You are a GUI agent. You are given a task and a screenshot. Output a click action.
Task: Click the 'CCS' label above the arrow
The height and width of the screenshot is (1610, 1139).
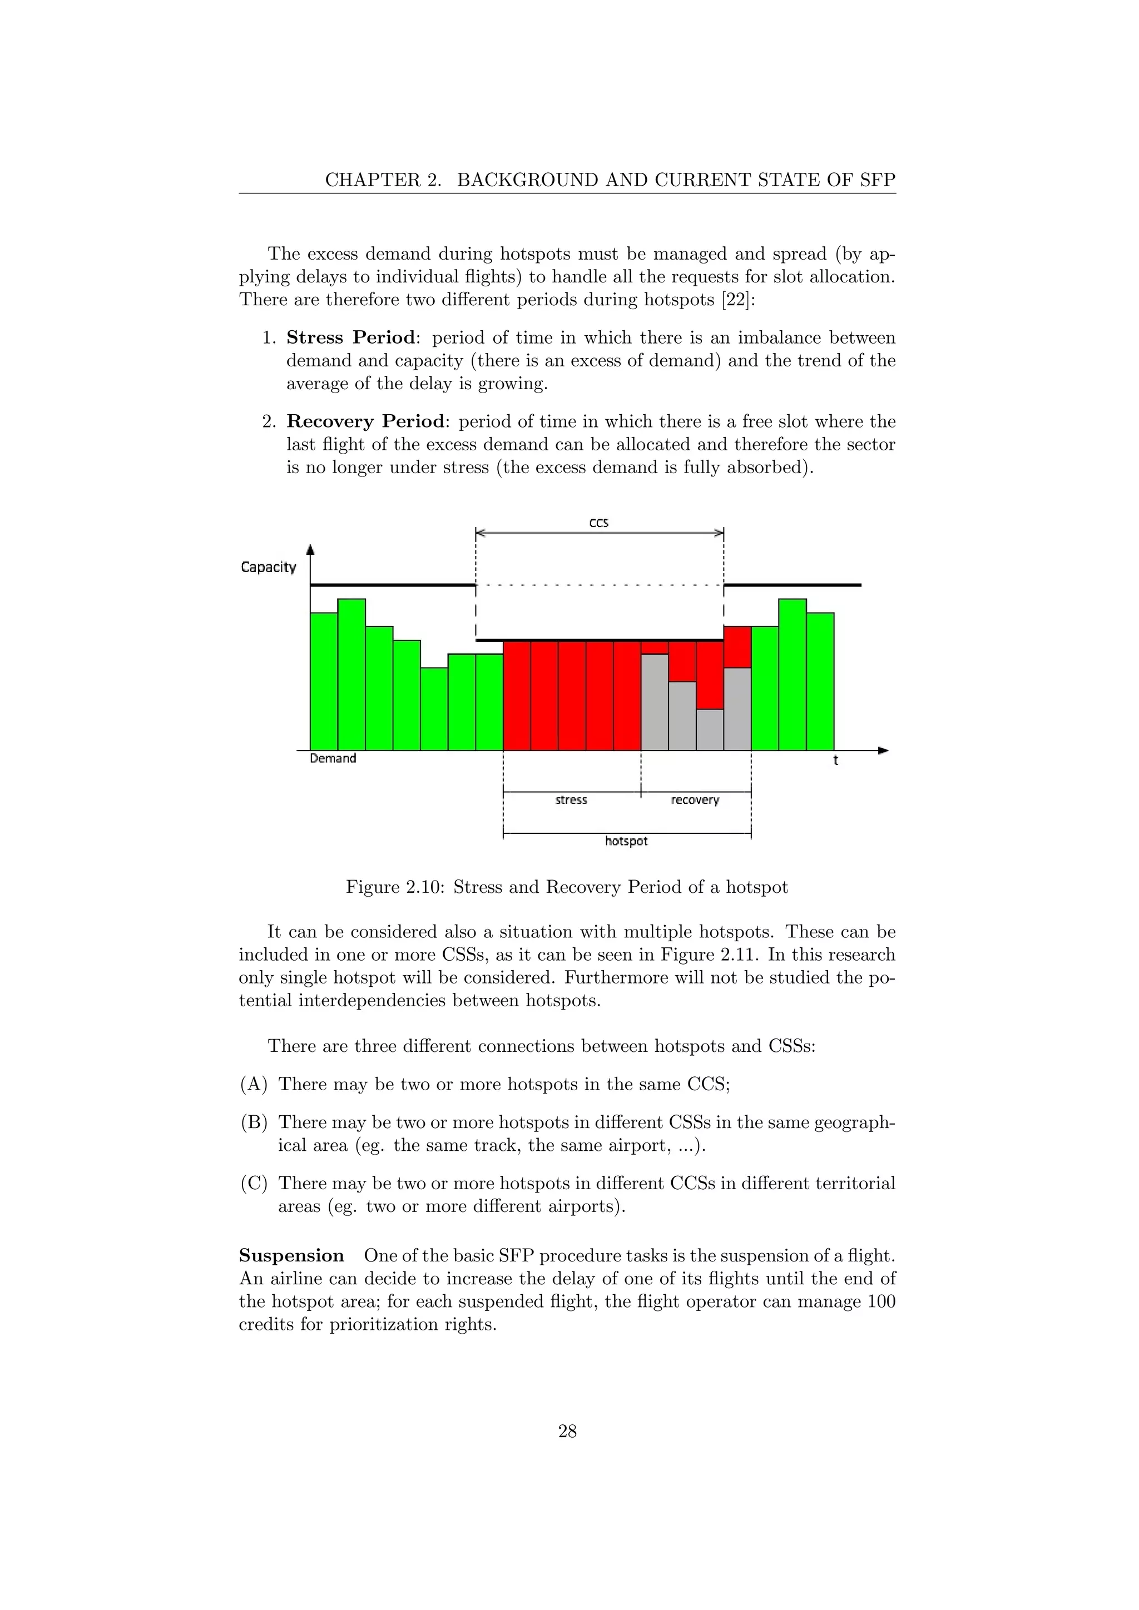(x=598, y=523)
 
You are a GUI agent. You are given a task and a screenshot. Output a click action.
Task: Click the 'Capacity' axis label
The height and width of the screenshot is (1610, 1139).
(x=268, y=567)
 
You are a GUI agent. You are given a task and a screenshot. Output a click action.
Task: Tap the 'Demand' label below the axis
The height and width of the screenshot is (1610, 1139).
(x=333, y=759)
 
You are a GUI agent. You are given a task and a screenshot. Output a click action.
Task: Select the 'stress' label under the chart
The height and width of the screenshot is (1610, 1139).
(x=571, y=800)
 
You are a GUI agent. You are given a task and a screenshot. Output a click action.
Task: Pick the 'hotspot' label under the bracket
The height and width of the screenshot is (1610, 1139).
(x=626, y=841)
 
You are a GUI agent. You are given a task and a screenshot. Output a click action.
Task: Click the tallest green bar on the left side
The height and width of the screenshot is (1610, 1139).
(x=351, y=673)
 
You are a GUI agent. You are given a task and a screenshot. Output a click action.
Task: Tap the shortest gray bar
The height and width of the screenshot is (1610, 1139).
(x=710, y=729)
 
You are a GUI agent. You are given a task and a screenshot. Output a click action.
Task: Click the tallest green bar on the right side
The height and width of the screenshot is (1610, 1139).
(x=793, y=673)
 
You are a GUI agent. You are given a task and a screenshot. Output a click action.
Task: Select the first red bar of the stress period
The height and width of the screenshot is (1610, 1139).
(x=517, y=694)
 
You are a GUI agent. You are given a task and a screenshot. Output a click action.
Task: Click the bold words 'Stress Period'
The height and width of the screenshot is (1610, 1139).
(x=351, y=338)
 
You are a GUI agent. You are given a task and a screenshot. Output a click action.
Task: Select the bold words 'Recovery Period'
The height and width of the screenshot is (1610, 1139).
(x=365, y=422)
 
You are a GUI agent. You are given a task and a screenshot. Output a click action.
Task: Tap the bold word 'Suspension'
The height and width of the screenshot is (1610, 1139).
(x=291, y=1255)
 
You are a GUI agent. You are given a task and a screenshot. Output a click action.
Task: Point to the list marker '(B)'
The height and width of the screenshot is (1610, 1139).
(x=254, y=1122)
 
